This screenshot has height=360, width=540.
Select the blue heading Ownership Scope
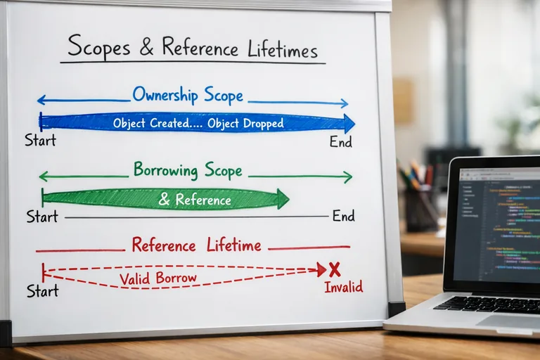(x=188, y=96)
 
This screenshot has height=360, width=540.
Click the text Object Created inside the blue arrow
(x=153, y=123)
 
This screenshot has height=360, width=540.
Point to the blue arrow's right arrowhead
(x=349, y=123)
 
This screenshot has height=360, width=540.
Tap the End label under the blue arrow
(x=341, y=142)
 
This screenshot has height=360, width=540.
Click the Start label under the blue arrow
(x=40, y=141)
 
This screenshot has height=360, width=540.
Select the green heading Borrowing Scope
(x=188, y=170)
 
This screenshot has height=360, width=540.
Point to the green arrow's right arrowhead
(x=283, y=199)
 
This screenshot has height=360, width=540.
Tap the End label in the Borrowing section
(x=343, y=216)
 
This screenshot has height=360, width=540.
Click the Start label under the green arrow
(x=41, y=217)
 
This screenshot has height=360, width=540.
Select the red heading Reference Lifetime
(x=196, y=245)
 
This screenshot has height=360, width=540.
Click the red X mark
(x=335, y=269)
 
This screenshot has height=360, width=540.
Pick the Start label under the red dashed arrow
(x=41, y=290)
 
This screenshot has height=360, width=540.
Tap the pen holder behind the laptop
(x=420, y=208)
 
